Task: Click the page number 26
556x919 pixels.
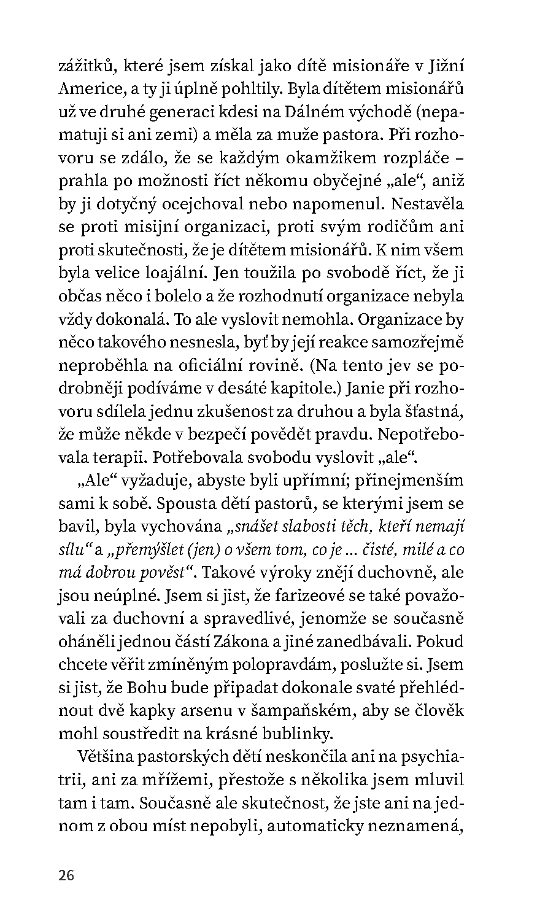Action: pos(66,875)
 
